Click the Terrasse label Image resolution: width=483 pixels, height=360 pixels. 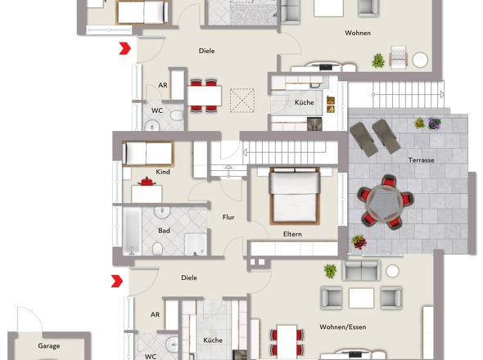click(422, 160)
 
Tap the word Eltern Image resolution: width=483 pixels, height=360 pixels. click(292, 234)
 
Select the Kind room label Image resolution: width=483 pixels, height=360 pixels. click(163, 172)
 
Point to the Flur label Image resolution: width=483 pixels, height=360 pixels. click(228, 217)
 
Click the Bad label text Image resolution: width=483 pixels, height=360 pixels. click(164, 231)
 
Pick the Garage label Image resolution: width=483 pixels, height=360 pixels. click(48, 346)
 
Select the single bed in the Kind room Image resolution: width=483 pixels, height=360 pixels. click(147, 153)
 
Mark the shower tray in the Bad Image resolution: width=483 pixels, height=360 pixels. click(196, 245)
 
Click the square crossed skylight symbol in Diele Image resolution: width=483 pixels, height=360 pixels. click(242, 101)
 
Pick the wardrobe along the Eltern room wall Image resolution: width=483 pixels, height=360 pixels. click(293, 249)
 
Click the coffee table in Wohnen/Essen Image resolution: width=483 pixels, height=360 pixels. click(361, 297)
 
